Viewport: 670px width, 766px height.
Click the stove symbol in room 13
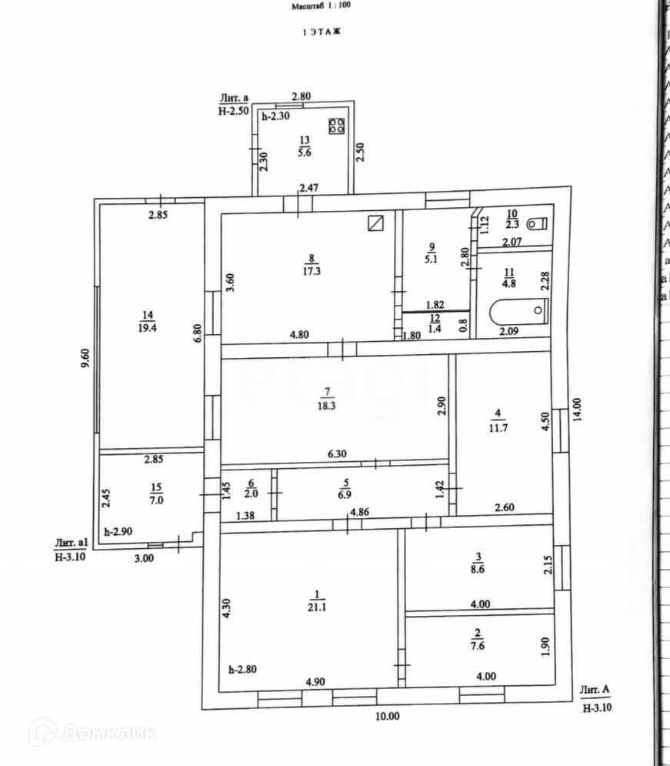coord(336,126)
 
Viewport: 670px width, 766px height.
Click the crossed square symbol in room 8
coord(375,222)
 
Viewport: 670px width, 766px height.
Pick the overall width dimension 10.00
coord(388,715)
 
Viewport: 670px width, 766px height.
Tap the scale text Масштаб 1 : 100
coord(320,6)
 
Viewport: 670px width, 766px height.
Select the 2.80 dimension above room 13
coord(301,97)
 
